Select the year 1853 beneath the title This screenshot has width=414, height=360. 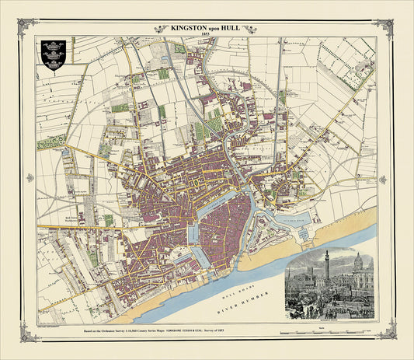coord(207,36)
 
